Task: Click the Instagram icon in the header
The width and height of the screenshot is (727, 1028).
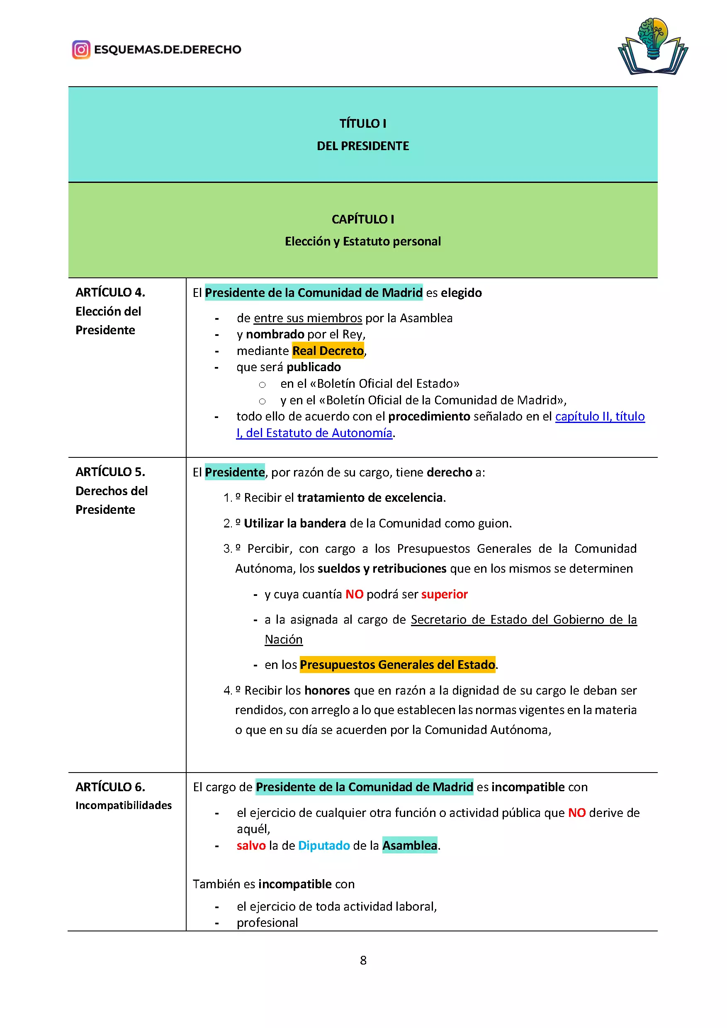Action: (81, 50)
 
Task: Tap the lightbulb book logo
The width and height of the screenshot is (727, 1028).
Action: (653, 46)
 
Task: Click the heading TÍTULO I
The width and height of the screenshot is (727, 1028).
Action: (362, 124)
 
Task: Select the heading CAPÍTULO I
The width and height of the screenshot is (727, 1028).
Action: (362, 219)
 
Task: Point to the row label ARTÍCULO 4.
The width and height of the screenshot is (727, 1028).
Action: (110, 292)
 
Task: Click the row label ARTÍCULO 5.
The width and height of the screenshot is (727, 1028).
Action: (110, 472)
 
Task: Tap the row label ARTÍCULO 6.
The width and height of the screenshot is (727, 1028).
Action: (110, 787)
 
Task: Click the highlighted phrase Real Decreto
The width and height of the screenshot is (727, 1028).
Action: (328, 351)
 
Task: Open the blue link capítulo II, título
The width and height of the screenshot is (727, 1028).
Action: (599, 416)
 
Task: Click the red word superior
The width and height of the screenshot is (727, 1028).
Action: (444, 594)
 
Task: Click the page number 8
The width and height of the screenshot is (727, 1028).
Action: (363, 960)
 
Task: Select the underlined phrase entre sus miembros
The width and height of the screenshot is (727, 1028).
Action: (308, 318)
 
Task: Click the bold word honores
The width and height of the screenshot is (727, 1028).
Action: (327, 690)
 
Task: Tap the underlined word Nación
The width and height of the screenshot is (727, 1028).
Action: (283, 639)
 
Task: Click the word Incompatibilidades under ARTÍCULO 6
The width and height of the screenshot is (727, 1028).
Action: (124, 805)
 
